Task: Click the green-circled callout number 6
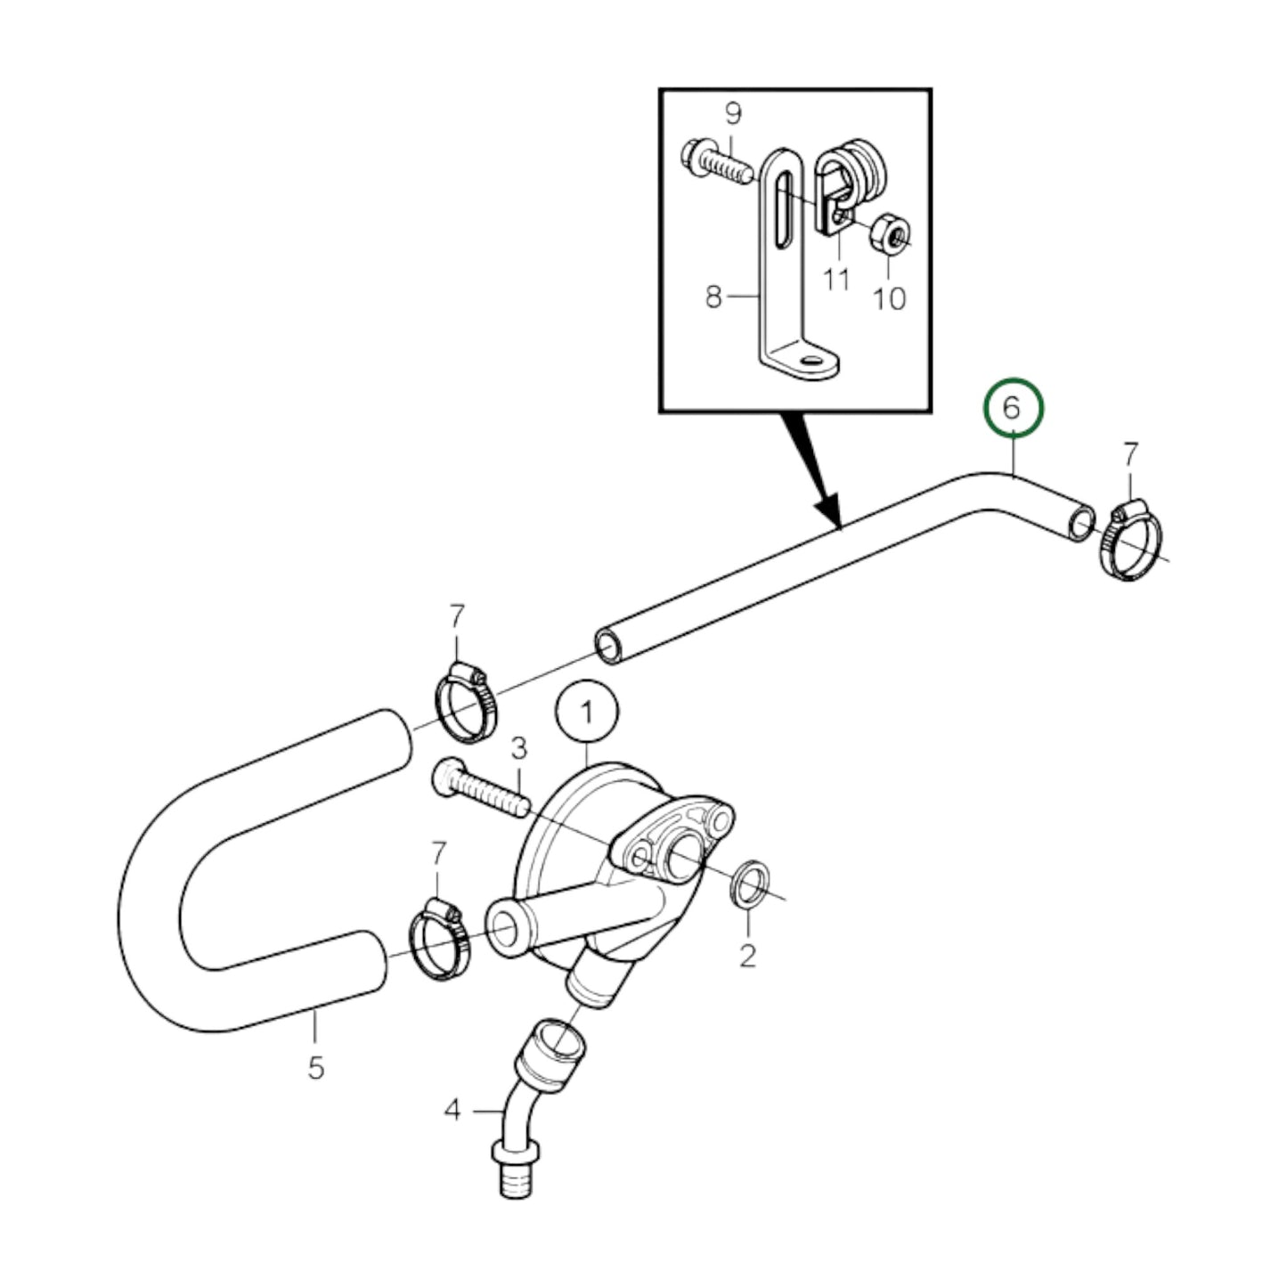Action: tap(1011, 409)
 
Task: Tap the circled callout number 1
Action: tap(586, 712)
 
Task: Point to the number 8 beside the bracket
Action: tap(713, 297)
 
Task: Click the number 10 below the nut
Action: tap(888, 298)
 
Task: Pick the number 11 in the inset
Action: tap(835, 280)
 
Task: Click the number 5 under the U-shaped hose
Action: tap(316, 1067)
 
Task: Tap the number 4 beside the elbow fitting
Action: tap(453, 1111)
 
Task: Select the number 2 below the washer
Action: tap(747, 956)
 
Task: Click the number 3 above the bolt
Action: tap(518, 746)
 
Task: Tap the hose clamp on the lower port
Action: tap(438, 942)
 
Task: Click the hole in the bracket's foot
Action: tap(810, 361)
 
